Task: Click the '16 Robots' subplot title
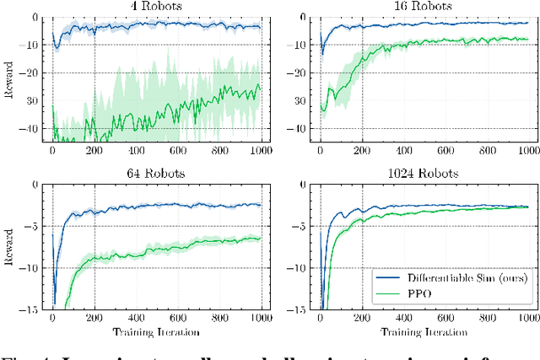tap(423, 7)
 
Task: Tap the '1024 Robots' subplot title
tap(423, 175)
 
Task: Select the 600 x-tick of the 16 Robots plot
tap(445, 153)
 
